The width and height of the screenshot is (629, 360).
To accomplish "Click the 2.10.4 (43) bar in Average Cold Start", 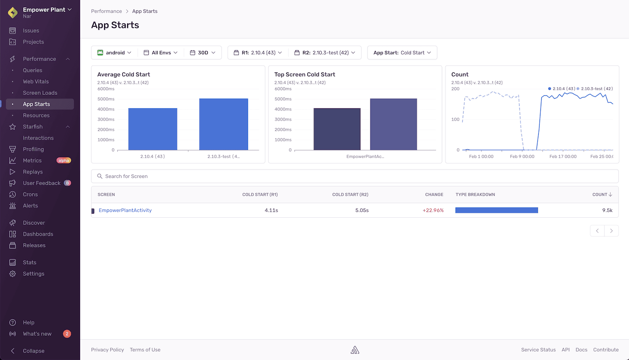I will pyautogui.click(x=153, y=129).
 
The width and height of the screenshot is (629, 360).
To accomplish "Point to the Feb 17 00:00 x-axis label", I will pyautogui.click(x=563, y=157).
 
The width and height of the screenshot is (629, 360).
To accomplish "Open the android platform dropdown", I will pyautogui.click(x=114, y=53).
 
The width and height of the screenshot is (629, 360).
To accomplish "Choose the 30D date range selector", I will pyautogui.click(x=203, y=53).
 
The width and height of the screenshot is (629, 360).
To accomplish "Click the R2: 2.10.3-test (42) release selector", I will pyautogui.click(x=324, y=53).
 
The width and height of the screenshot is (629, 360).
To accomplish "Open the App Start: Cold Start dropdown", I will pyautogui.click(x=402, y=53).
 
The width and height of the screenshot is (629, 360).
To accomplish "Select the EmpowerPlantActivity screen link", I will pyautogui.click(x=125, y=210).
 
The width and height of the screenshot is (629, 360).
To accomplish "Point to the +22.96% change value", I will pyautogui.click(x=433, y=210).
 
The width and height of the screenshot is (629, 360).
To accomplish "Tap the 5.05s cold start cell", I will pyautogui.click(x=362, y=210).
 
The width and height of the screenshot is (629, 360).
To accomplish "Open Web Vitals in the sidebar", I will pyautogui.click(x=36, y=81).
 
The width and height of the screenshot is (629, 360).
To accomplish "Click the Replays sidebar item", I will pyautogui.click(x=33, y=172).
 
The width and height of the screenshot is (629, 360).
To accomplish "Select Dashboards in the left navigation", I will pyautogui.click(x=38, y=234).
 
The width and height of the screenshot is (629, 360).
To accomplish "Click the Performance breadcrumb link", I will pyautogui.click(x=106, y=11).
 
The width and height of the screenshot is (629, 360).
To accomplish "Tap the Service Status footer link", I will pyautogui.click(x=538, y=350).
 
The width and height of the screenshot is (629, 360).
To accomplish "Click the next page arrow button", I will pyautogui.click(x=611, y=231).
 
